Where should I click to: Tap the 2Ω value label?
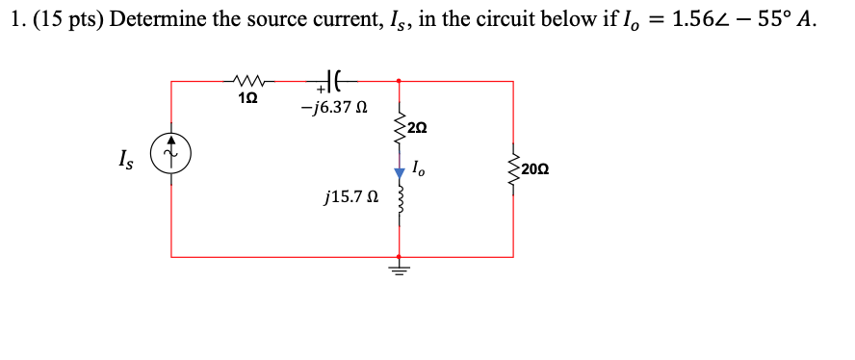[x=417, y=127]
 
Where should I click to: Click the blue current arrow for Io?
[x=399, y=172]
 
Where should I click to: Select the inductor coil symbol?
[x=399, y=204]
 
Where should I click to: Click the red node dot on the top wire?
[x=399, y=82]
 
